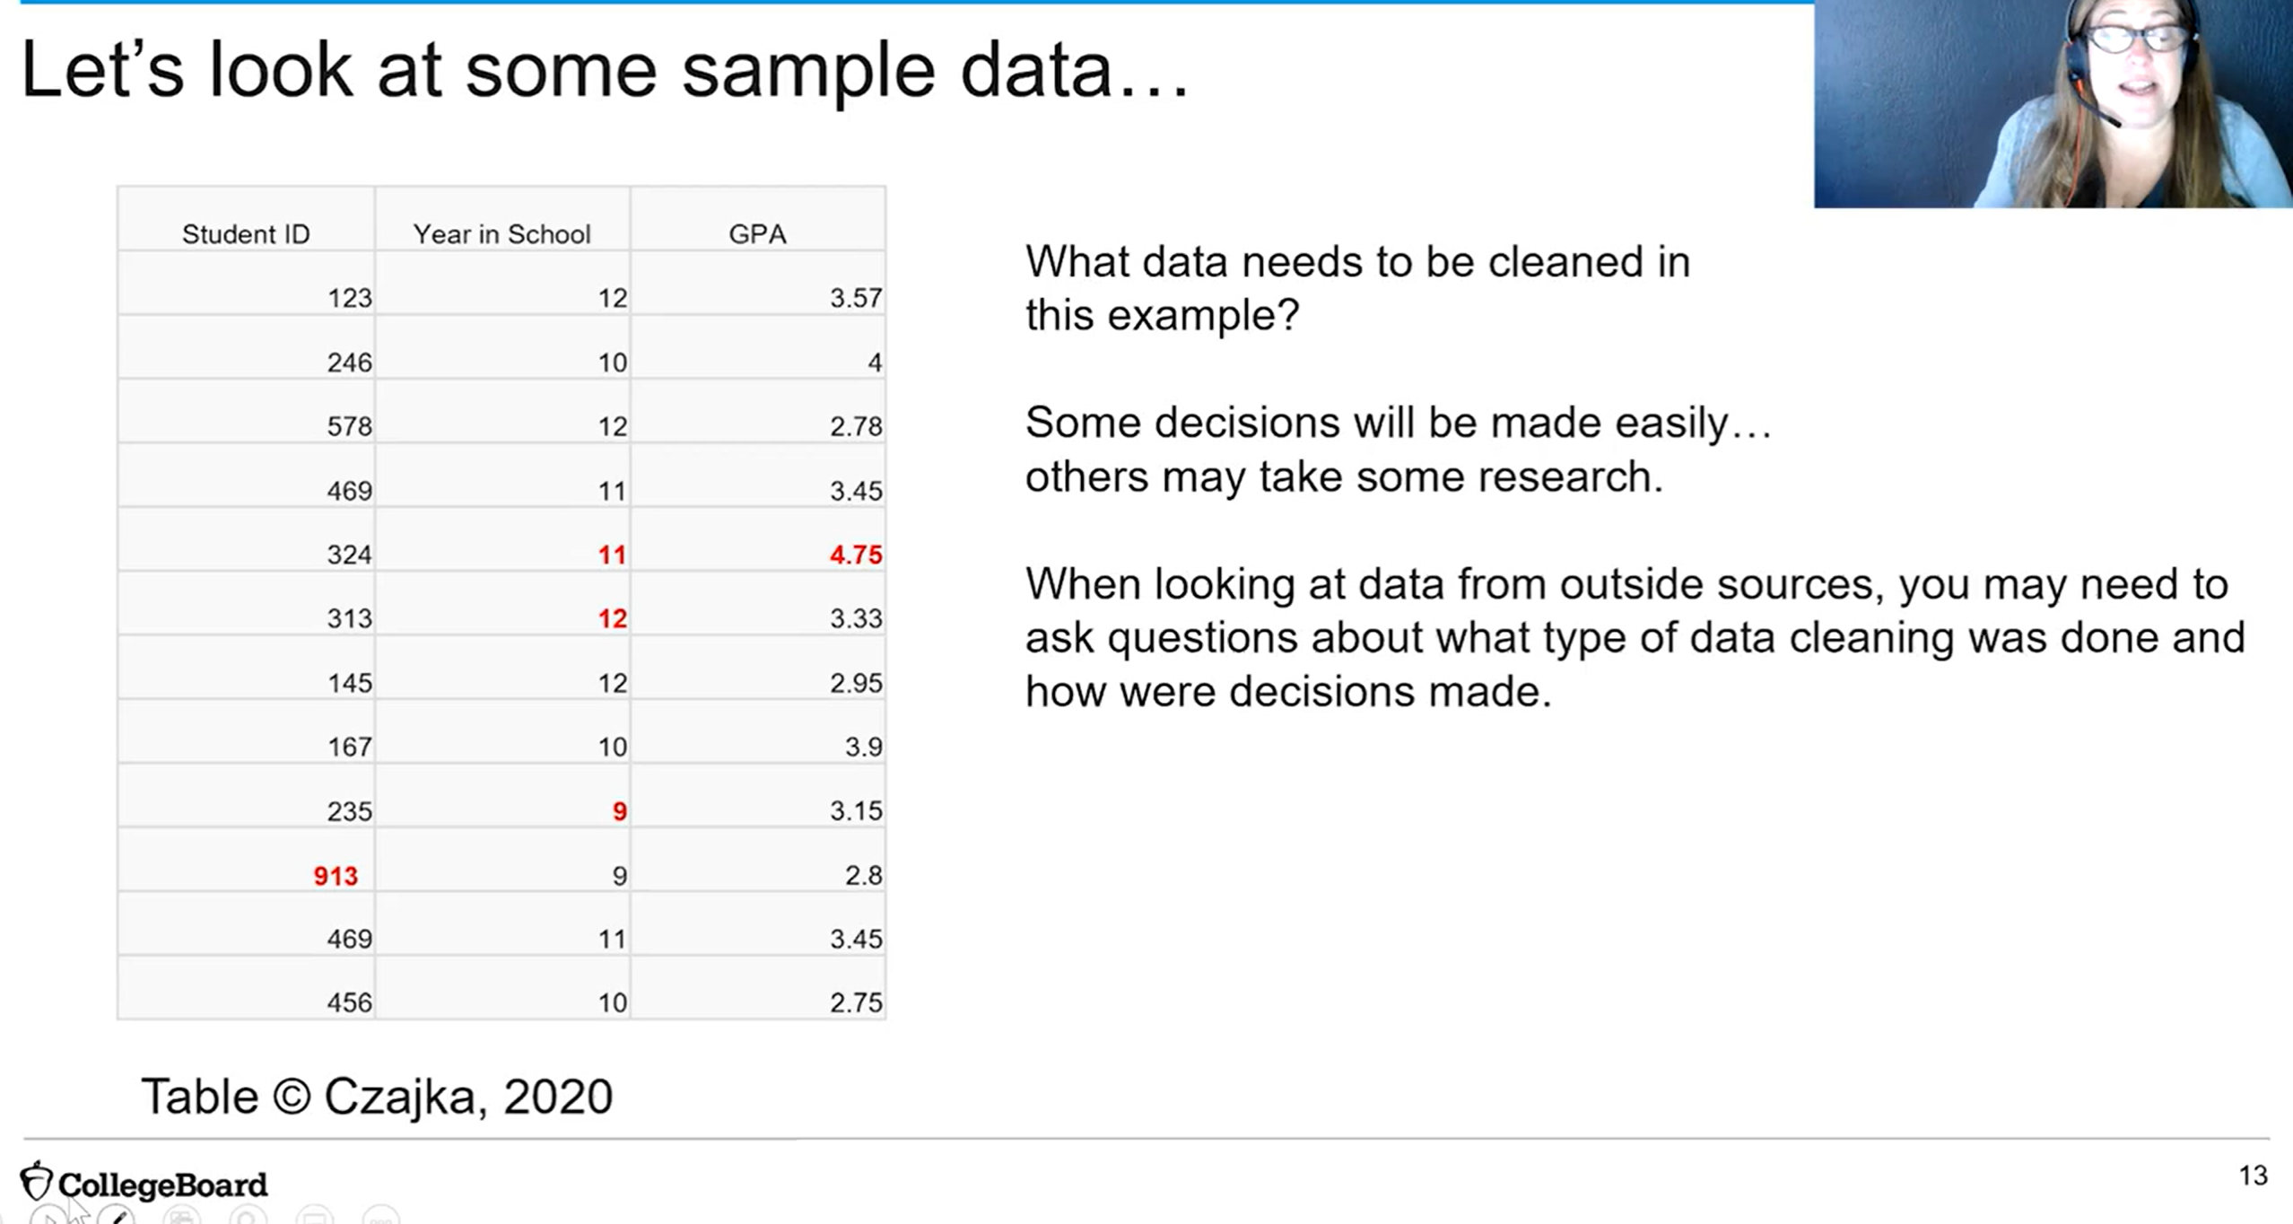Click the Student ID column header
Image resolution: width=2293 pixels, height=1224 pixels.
pyautogui.click(x=246, y=234)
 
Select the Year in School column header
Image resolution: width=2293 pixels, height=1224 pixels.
pyautogui.click(x=501, y=234)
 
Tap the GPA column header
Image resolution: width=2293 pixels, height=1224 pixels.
pyautogui.click(x=757, y=234)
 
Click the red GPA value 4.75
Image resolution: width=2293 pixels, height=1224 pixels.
pyautogui.click(x=856, y=555)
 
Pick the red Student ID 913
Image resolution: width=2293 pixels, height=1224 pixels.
pyautogui.click(x=336, y=876)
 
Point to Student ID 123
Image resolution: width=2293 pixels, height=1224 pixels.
pyautogui.click(x=349, y=298)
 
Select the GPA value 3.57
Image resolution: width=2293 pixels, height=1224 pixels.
pyautogui.click(x=856, y=298)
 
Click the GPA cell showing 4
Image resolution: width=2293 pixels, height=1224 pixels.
pyautogui.click(x=875, y=363)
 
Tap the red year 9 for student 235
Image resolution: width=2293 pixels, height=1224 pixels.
pyautogui.click(x=619, y=811)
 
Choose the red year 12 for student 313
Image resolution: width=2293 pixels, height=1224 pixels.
pyautogui.click(x=613, y=618)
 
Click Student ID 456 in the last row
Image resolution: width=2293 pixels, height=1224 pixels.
pyautogui.click(x=349, y=1002)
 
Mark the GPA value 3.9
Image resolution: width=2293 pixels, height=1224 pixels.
pyautogui.click(x=864, y=747)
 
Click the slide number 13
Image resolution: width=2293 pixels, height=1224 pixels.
pyautogui.click(x=2254, y=1176)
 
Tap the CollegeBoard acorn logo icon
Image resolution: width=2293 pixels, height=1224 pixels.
pyautogui.click(x=36, y=1181)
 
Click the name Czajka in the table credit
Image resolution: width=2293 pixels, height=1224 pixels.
pyautogui.click(x=399, y=1097)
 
